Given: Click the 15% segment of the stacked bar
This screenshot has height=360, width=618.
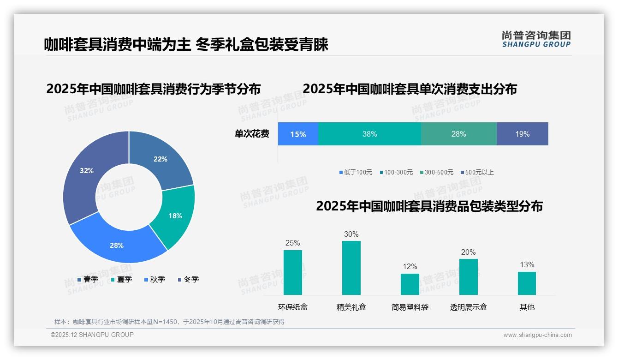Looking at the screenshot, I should click(x=298, y=134).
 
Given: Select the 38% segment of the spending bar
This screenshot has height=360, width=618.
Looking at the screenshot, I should click(x=369, y=134).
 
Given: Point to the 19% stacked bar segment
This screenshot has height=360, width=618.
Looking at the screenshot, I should click(x=522, y=134).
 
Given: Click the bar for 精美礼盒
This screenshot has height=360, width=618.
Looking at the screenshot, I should click(x=351, y=268).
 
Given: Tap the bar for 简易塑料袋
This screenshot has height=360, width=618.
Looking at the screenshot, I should click(x=410, y=284).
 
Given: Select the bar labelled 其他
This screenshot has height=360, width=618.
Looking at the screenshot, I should click(x=527, y=283).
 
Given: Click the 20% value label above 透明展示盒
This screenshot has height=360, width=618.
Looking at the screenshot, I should click(x=468, y=252).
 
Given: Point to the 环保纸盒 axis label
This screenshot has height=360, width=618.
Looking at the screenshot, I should click(x=292, y=307).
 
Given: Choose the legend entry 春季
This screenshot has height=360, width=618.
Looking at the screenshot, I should click(x=88, y=279).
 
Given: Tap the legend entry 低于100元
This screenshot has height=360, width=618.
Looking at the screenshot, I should click(x=356, y=172).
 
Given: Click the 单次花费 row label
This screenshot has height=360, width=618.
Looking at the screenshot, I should click(x=252, y=134).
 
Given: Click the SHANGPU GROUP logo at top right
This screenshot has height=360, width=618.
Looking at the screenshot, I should click(x=536, y=39).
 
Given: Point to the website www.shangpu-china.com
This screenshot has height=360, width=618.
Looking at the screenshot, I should click(x=537, y=335).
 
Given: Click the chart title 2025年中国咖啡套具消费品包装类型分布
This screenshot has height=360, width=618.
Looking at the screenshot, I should click(x=429, y=206).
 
